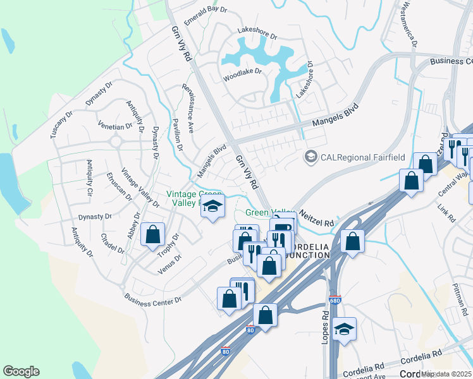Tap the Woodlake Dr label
(x=242, y=71)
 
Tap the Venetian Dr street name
(x=114, y=126)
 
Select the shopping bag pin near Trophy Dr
(x=153, y=234)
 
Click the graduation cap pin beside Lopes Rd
(x=344, y=329)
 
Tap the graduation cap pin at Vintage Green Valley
(x=213, y=206)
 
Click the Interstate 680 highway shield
(x=335, y=300)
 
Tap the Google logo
(x=21, y=371)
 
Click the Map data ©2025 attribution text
(x=446, y=374)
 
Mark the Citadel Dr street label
(x=113, y=244)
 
